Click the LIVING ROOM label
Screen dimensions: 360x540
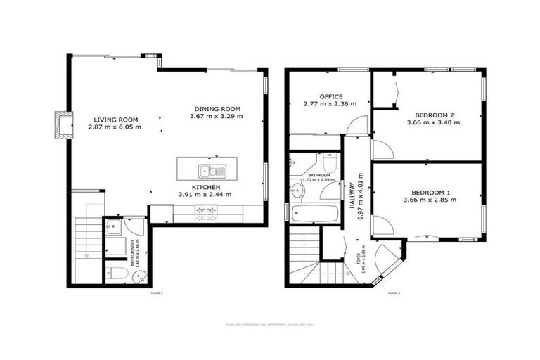(x=115, y=119)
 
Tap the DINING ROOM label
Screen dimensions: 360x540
(x=217, y=108)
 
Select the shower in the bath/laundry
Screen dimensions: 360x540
(x=115, y=227)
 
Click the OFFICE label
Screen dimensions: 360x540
(x=330, y=96)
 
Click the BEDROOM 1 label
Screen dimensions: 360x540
(x=434, y=192)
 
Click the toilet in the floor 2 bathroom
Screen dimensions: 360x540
(x=333, y=163)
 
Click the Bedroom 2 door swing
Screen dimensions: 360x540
(x=382, y=150)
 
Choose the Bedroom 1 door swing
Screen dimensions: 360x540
(x=382, y=225)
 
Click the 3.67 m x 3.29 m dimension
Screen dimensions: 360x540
(x=217, y=116)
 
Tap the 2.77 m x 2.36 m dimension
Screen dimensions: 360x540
(x=330, y=104)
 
